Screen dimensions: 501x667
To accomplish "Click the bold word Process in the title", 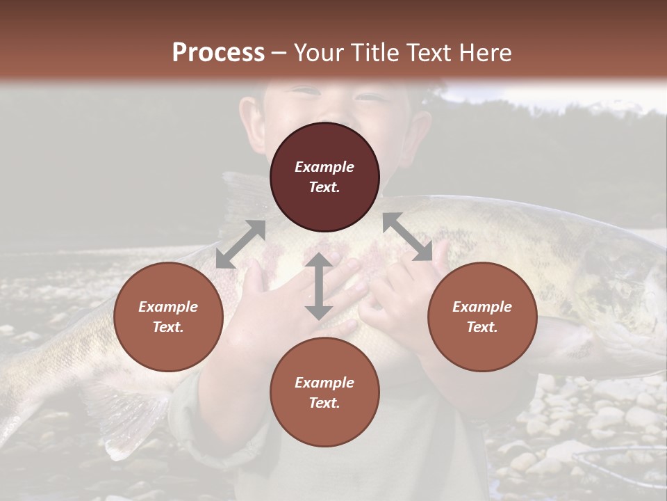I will click(x=218, y=53).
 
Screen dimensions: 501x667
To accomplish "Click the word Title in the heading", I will click(x=375, y=53).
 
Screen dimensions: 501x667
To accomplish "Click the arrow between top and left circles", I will click(x=240, y=244).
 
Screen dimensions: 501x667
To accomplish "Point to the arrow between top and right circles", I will click(x=408, y=237).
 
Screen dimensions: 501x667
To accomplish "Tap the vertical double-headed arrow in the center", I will click(x=318, y=286).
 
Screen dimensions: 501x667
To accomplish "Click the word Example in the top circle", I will click(x=324, y=167).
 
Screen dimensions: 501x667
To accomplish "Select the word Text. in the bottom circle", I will click(x=324, y=403).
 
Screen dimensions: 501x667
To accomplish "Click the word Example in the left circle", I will click(x=168, y=307).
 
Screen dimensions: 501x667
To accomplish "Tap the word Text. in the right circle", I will click(x=482, y=327).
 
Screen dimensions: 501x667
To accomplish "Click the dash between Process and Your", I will click(x=279, y=53).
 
